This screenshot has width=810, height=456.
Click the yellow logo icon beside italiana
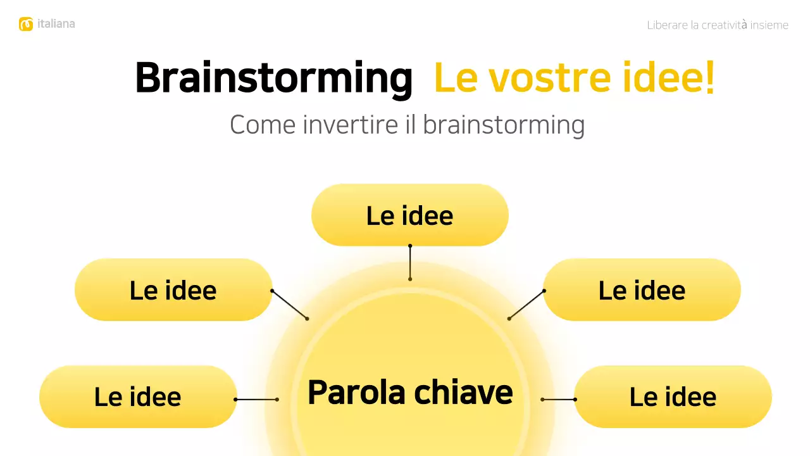26,25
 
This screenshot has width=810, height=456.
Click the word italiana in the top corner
56,24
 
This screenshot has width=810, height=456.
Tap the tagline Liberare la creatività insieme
718,25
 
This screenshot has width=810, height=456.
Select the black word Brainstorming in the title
273,79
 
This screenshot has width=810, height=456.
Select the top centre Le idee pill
410,215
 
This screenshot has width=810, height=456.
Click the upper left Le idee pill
173,290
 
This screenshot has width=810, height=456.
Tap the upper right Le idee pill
642,290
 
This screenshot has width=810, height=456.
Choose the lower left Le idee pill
138,397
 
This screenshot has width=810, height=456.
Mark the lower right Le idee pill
673,397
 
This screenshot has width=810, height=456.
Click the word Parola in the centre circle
356,392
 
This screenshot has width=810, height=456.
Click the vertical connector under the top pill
410,262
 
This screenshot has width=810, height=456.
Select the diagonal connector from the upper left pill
290,305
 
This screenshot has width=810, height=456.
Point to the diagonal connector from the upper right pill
526,305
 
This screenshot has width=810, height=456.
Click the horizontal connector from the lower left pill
256,400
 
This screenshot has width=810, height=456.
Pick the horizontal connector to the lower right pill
559,400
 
